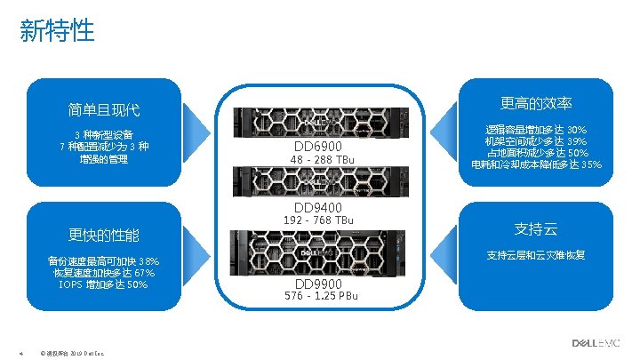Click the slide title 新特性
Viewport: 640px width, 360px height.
[57, 32]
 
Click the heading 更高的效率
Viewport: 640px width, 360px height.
[536, 103]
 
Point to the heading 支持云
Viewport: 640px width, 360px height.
[536, 228]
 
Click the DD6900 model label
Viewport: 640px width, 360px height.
[316, 146]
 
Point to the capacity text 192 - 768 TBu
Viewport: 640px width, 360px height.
[317, 220]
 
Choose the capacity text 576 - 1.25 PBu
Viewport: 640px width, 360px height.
[321, 296]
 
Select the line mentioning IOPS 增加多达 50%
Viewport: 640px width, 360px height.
[103, 285]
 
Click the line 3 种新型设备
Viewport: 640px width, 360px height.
[103, 134]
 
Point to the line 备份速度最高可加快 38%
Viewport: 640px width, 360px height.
[103, 261]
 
